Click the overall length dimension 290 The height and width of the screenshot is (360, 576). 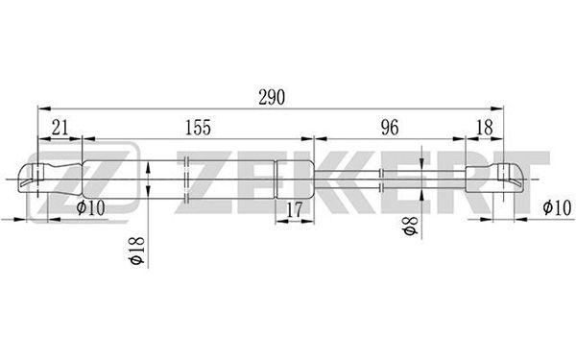click(x=272, y=97)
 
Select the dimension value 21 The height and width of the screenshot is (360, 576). click(x=60, y=128)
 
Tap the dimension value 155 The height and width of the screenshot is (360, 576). click(x=198, y=128)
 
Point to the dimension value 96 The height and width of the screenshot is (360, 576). click(x=390, y=128)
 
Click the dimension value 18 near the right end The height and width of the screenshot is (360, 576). click(x=484, y=128)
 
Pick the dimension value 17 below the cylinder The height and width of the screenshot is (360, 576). click(x=294, y=209)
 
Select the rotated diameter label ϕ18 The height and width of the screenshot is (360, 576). click(x=136, y=251)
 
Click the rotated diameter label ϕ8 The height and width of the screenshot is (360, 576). click(x=410, y=226)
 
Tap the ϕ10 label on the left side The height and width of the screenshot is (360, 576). click(x=91, y=207)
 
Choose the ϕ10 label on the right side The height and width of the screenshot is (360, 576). click(x=557, y=207)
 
